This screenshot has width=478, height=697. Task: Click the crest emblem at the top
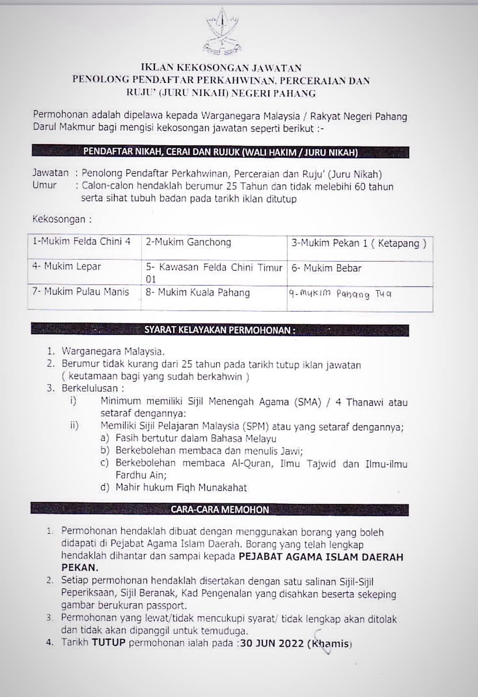coord(221,32)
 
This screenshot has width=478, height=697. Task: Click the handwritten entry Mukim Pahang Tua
coord(340,294)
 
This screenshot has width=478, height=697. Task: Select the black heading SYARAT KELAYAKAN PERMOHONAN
coord(220,330)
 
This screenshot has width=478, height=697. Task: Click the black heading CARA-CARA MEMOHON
coord(220,509)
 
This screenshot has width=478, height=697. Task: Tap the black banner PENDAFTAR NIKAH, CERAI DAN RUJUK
coord(220,152)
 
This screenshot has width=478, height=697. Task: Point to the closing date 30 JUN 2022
coord(272,643)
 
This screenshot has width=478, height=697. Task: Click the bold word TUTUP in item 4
coord(108,643)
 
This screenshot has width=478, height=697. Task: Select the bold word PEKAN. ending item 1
coord(79,568)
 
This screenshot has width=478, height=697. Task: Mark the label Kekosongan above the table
coord(62,219)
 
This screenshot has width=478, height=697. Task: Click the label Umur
coord(44,185)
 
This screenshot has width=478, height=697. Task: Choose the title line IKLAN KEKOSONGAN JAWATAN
coord(221,68)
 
